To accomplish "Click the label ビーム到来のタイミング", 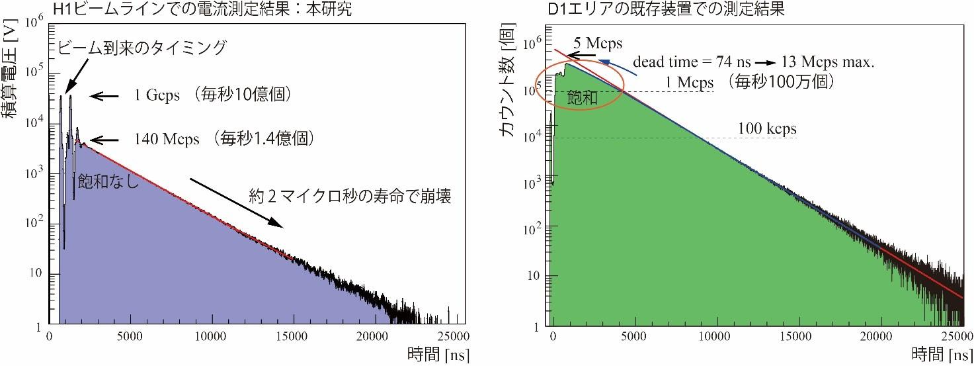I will [x=143, y=48].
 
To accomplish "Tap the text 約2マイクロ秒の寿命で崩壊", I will [x=350, y=197].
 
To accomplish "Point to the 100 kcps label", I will [x=767, y=127].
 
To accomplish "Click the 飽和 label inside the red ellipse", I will [x=583, y=97].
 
